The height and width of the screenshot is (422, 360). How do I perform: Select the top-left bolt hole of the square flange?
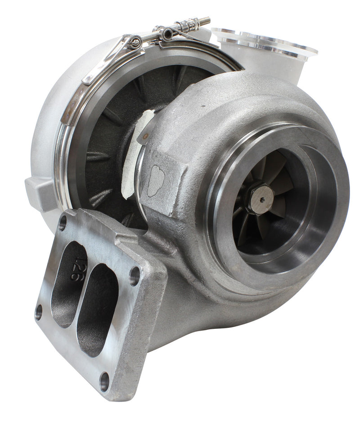coord(63,222)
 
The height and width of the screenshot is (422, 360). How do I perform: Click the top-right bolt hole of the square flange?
coord(135,276)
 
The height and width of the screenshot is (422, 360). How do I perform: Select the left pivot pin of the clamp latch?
coord(134,43)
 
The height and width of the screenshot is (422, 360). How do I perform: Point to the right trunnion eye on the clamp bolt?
coord(168,33)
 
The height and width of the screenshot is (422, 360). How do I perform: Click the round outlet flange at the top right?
coord(265,43)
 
